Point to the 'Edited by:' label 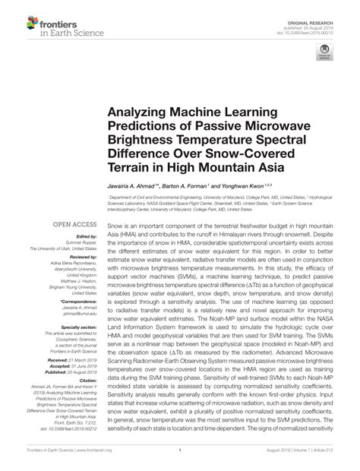click(85, 237)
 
